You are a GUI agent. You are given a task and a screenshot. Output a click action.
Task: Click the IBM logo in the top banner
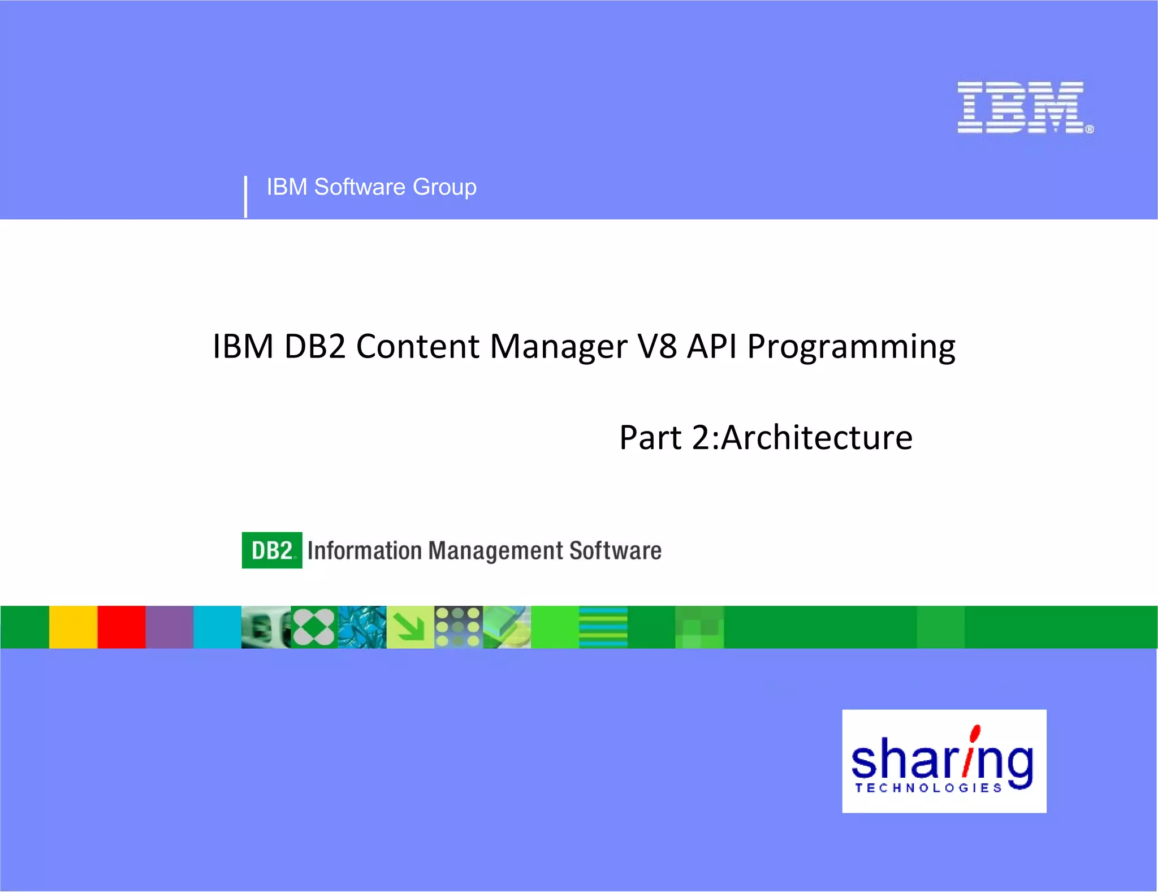click(x=1024, y=108)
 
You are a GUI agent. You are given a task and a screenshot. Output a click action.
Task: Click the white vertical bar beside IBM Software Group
click(x=245, y=196)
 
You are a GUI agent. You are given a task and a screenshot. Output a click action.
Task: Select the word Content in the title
click(x=417, y=346)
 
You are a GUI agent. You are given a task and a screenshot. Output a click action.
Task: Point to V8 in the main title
click(x=656, y=346)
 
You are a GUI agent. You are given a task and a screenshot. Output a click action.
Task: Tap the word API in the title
click(x=712, y=346)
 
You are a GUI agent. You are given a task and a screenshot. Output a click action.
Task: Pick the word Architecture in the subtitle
click(x=816, y=438)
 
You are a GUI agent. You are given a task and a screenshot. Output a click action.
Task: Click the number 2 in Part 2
click(x=701, y=438)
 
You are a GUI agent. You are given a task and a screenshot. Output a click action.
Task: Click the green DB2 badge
click(x=272, y=550)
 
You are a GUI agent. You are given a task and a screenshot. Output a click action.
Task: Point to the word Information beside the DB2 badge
click(x=365, y=551)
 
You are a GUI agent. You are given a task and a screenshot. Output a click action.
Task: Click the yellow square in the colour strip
click(x=73, y=627)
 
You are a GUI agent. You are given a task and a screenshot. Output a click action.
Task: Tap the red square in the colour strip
click(x=122, y=627)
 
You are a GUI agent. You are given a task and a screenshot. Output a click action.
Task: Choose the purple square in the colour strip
click(x=170, y=627)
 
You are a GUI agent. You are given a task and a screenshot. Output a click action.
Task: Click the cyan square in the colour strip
click(x=218, y=627)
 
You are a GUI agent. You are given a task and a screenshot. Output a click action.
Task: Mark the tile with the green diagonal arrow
click(x=411, y=627)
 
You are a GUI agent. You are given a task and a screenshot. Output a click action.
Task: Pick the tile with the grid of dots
click(x=459, y=627)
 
